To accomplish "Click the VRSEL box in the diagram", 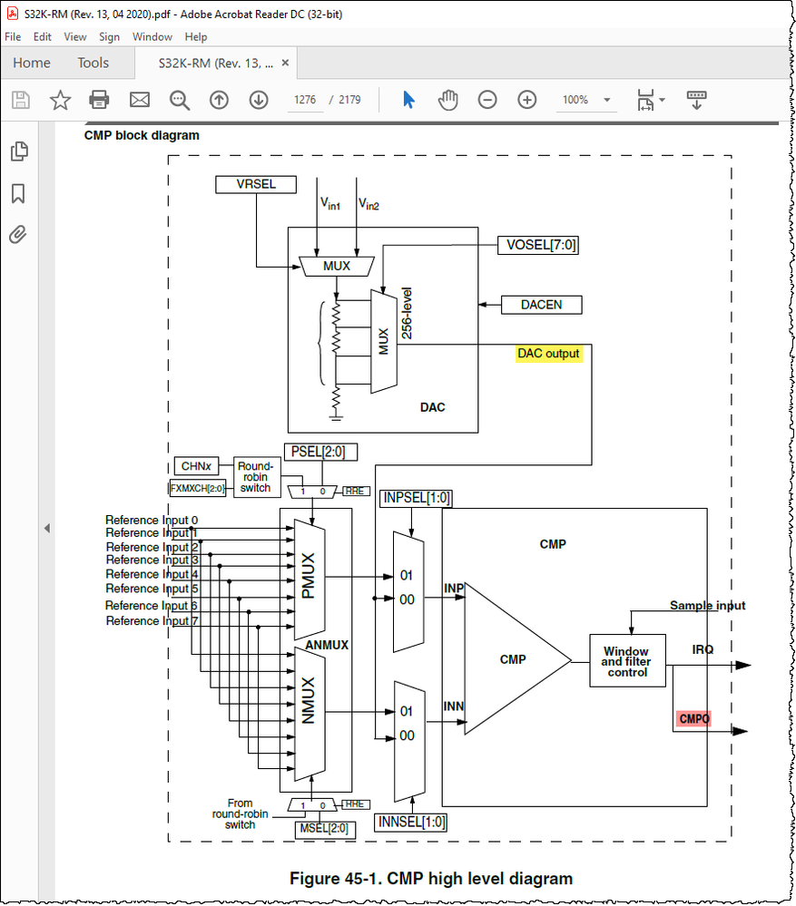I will (x=255, y=184).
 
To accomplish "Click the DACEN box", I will (x=541, y=305).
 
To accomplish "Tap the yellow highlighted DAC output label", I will (x=548, y=354).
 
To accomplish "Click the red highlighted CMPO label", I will (x=694, y=719).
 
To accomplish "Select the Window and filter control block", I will (x=626, y=662).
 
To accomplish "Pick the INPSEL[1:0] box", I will (x=417, y=498).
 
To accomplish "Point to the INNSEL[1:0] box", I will (x=410, y=823).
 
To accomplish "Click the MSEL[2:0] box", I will (x=321, y=827).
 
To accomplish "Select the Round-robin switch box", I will (x=255, y=476).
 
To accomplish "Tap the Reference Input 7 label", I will (x=151, y=621).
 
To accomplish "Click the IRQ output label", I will (x=703, y=650).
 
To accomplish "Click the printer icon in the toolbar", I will (x=100, y=100).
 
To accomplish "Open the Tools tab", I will (x=93, y=63).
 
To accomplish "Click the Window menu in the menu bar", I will (x=152, y=37).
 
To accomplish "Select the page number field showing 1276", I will (x=305, y=100).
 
